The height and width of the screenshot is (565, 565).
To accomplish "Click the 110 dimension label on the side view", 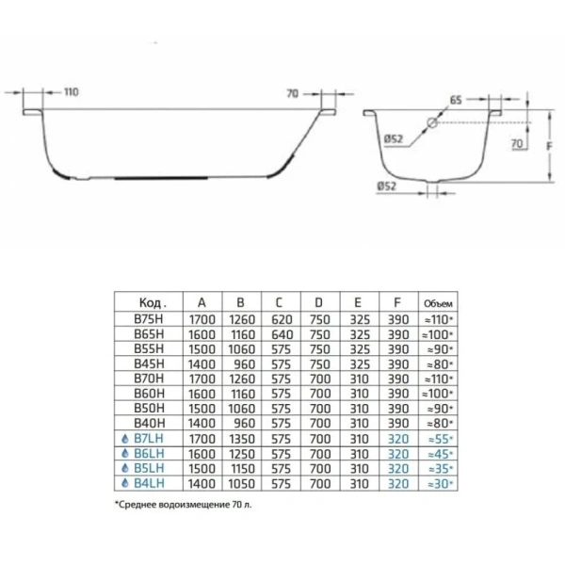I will [x=72, y=92].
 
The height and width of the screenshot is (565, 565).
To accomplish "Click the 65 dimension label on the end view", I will [x=455, y=99].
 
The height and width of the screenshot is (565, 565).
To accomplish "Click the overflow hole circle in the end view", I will [x=432, y=122].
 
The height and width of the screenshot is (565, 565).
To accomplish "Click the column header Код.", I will [x=152, y=303].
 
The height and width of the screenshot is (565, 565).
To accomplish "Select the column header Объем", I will [x=440, y=303].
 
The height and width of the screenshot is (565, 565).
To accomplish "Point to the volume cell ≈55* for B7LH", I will [x=440, y=439].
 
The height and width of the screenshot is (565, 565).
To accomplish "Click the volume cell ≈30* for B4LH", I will [x=440, y=484].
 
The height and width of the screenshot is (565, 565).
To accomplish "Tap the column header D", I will [x=319, y=303].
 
